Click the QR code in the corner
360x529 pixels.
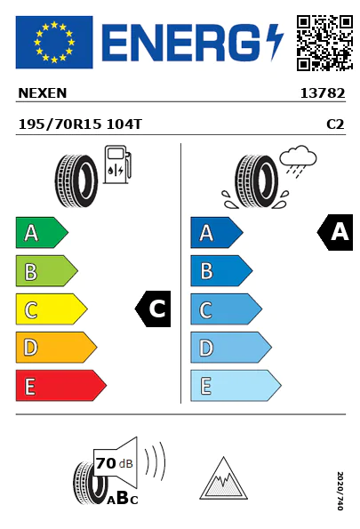tap(324, 43)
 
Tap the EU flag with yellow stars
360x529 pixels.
tap(54, 42)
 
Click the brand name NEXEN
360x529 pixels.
tap(43, 93)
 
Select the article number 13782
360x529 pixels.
tap(323, 93)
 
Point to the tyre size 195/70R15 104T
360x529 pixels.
tap(80, 124)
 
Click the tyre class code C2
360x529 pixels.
tap(335, 124)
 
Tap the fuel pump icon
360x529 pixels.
tap(117, 164)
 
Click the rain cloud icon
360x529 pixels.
tap(298, 161)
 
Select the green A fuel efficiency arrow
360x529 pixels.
tap(42, 232)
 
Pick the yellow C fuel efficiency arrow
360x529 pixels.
tap(52, 309)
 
